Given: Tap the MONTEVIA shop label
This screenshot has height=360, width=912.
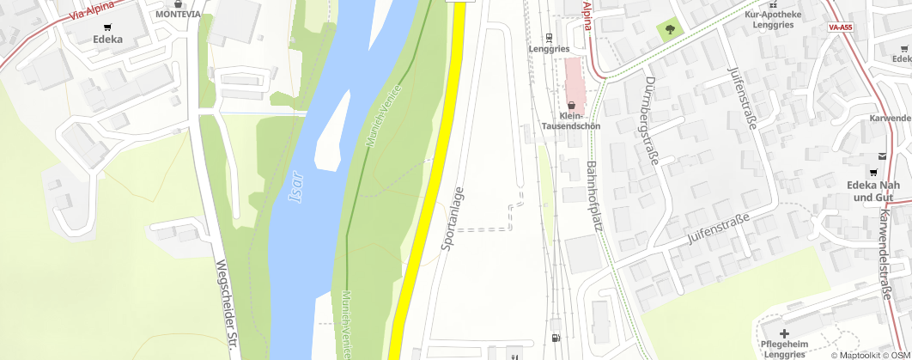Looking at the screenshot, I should tap(178, 15).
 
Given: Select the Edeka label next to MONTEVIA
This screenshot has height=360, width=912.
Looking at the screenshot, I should tap(107, 39).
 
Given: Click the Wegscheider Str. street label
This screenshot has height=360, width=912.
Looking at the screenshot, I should tap(226, 304).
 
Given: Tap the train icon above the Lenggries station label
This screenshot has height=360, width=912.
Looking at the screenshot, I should tap(549, 38).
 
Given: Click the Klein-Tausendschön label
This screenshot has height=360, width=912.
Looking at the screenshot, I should tap(570, 120).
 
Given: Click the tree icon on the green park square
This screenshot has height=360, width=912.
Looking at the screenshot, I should tap(669, 30).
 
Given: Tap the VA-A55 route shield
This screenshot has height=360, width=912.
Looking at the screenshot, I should tap(840, 27).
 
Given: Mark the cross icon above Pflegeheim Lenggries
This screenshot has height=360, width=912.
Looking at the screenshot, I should tap(783, 333).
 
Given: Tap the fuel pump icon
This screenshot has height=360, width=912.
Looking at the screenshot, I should tap(556, 339).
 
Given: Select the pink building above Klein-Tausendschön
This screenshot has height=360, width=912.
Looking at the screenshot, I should tap(574, 78).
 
